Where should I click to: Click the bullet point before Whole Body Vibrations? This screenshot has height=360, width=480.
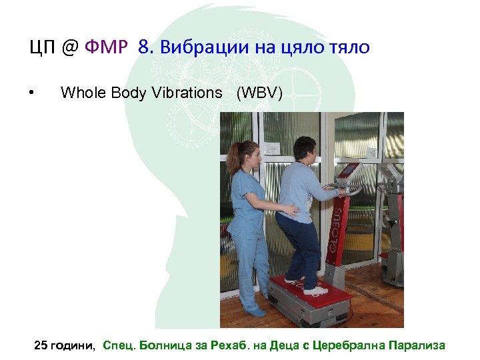point(32,93)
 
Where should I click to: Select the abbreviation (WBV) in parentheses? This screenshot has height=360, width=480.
point(259,93)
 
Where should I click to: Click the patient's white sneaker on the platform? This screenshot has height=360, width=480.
point(314,291)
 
